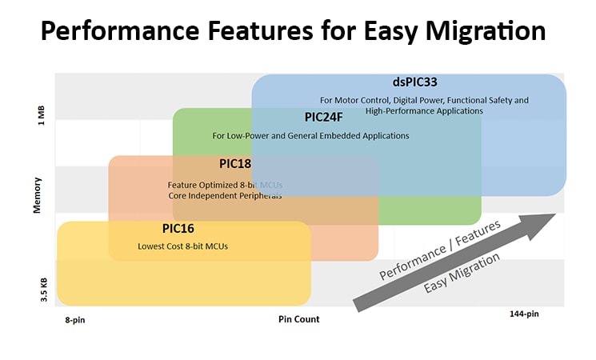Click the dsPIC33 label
[x=414, y=82]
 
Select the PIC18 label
[x=235, y=164]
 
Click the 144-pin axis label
[x=524, y=314]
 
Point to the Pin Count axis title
[x=298, y=319]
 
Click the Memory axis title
[x=38, y=194]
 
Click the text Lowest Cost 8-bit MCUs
[x=183, y=246]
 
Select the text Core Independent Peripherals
[x=225, y=196]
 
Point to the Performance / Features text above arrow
[x=439, y=250]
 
